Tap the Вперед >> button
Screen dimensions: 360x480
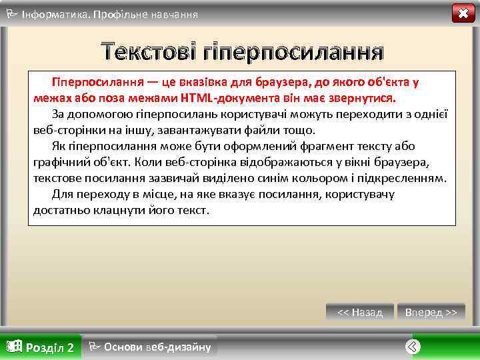431,312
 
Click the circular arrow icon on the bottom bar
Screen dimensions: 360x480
413,346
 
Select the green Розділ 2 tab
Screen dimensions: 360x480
41,347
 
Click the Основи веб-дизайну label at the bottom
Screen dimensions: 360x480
151,347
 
